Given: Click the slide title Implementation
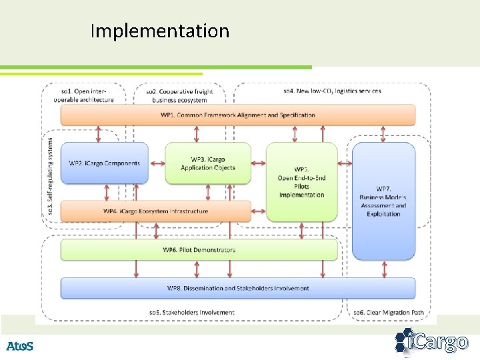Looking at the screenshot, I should tap(159, 31).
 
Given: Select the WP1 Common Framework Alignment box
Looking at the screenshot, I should tap(237, 115).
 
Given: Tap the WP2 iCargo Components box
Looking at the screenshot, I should tap(105, 163).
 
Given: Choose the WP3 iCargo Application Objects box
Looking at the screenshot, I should tap(208, 163).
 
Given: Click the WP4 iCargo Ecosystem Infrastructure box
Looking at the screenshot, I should tap(156, 211).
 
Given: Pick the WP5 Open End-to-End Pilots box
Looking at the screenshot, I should tap(301, 181).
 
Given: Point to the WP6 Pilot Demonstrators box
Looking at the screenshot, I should tap(199, 250).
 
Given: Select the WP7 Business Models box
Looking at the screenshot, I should tap(383, 201).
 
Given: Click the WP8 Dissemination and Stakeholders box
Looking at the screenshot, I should tap(237, 288).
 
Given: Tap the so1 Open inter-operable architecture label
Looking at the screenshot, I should tap(84, 95).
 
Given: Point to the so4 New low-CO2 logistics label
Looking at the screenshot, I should tap(332, 91).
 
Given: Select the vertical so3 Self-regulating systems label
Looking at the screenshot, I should tap(50, 176).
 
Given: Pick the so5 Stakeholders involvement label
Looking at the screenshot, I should tap(191, 312).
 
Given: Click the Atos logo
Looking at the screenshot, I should tap(20, 346).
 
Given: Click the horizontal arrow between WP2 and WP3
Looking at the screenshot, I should tap(157, 163).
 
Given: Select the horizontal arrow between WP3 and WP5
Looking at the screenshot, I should tap(259, 163).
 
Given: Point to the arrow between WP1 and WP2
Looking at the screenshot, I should tap(99, 133).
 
